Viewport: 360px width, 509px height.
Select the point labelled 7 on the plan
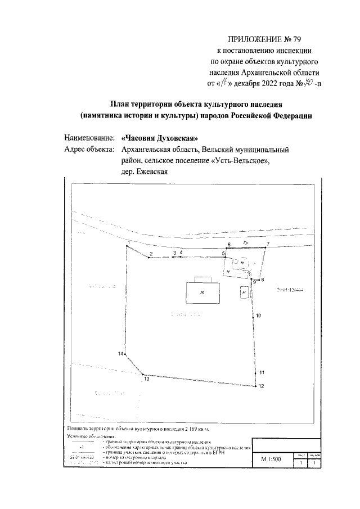click(266, 247)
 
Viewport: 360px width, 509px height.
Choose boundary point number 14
click(125, 354)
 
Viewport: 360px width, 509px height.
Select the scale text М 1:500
click(270, 459)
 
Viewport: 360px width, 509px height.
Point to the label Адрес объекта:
click(89, 150)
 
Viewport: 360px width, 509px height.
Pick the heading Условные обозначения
click(91, 436)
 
